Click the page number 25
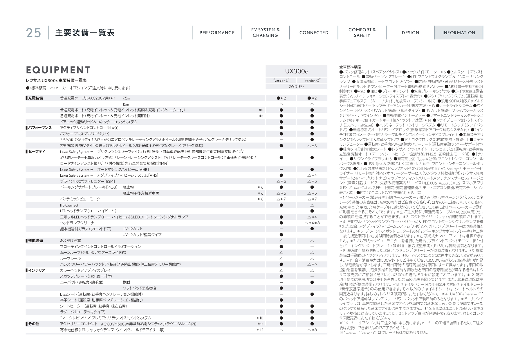click(33, 33)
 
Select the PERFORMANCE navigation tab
click(217, 33)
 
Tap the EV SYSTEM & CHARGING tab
click(265, 32)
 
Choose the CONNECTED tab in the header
click(314, 33)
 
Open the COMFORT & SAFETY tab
click(362, 32)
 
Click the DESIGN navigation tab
click(410, 33)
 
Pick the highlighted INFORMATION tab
click(459, 33)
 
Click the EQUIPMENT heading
click(58, 70)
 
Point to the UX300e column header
click(296, 71)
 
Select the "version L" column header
click(281, 80)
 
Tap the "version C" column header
click(312, 80)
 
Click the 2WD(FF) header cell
click(296, 86)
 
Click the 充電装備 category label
click(35, 98)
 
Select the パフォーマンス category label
click(40, 128)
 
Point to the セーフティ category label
click(37, 152)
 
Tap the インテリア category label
click(36, 271)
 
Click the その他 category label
click(33, 324)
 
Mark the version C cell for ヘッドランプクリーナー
click(312, 223)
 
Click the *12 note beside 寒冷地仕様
click(260, 330)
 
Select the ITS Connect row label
click(69, 205)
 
